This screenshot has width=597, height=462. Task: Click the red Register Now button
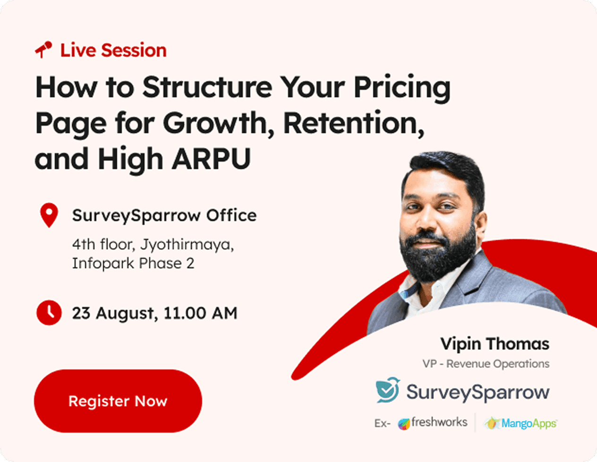pos(118,401)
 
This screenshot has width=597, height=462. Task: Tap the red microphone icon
pos(43,50)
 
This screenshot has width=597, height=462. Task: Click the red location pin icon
pos(49,215)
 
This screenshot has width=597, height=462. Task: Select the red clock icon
pos(49,313)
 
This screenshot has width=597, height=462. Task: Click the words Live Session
pos(113,50)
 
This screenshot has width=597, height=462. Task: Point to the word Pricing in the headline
pos(402,88)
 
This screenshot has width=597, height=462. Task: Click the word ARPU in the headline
pos(211,159)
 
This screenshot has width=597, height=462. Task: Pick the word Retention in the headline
pos(354,123)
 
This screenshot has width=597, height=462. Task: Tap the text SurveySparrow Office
pos(164,215)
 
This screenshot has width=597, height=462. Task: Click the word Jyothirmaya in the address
pos(187,244)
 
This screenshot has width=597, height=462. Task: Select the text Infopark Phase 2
pos(133,263)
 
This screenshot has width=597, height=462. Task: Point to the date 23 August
pos(115,313)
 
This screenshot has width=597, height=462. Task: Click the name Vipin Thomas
pos(495,343)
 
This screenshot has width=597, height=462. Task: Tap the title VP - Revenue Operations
pos(486,364)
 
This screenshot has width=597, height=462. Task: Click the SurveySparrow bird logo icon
pos(388,390)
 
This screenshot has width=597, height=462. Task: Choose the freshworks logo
pos(433,422)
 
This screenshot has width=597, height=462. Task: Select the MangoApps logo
pos(520,423)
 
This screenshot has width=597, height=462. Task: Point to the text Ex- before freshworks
pos(383,424)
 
